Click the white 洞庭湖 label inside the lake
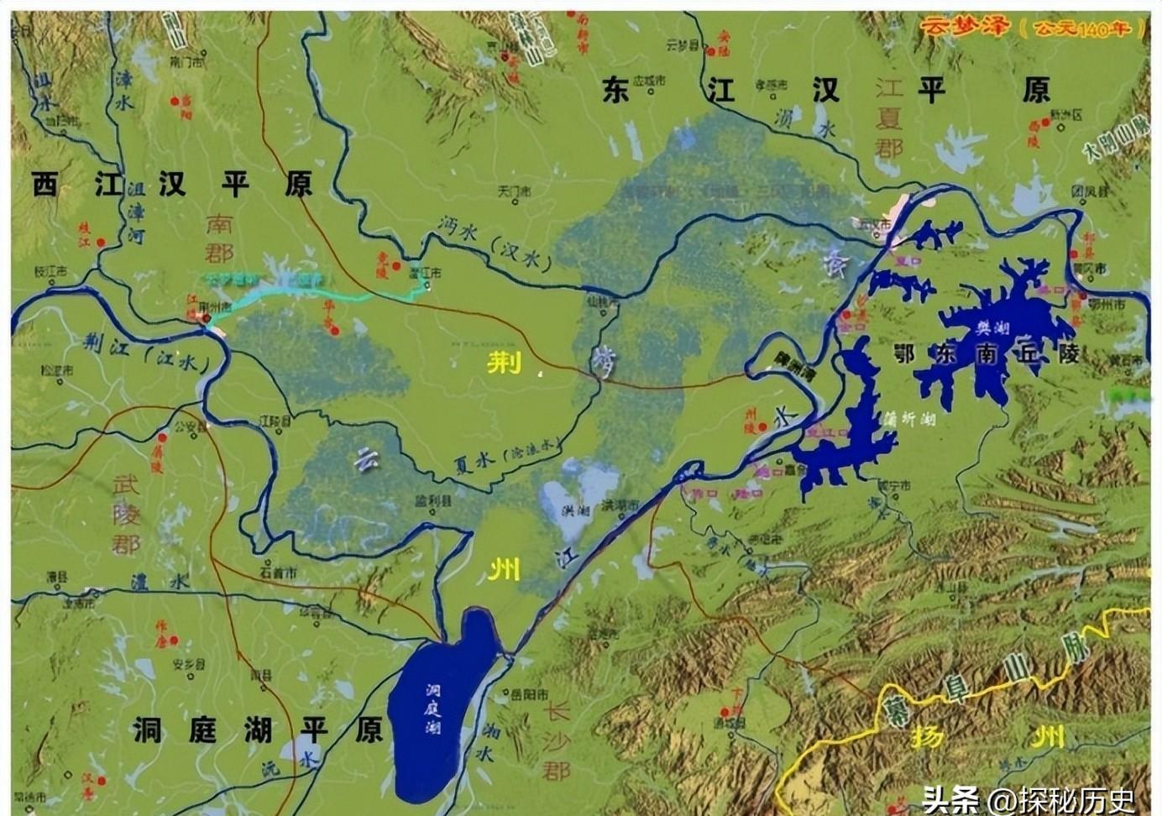433,709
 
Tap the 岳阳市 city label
531,694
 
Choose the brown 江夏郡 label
888,118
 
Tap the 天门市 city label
514,192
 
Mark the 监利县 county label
434,500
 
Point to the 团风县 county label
1089,191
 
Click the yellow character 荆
504,362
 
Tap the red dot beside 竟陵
395,266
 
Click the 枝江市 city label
50,270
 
